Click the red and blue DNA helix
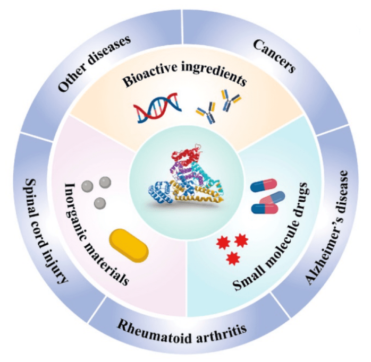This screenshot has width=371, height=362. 158,109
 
